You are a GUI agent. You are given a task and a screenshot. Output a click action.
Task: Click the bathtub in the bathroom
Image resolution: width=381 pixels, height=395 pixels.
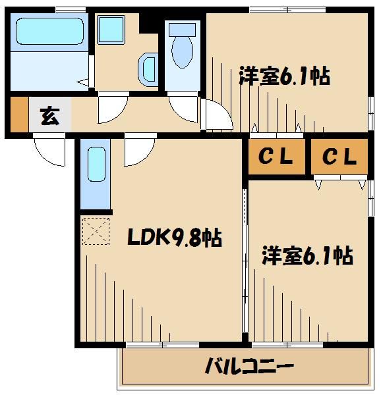coord(50,31)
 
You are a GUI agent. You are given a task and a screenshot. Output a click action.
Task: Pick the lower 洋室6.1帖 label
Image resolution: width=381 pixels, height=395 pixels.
coord(307,255)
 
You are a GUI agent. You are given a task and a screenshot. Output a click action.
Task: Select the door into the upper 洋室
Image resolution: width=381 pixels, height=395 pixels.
coord(218,117)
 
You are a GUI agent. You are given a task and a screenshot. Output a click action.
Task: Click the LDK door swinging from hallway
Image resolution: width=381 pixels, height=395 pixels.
coord(138,152)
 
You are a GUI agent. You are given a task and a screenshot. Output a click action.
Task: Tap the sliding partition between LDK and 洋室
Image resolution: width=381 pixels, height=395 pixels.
coord(245,263)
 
